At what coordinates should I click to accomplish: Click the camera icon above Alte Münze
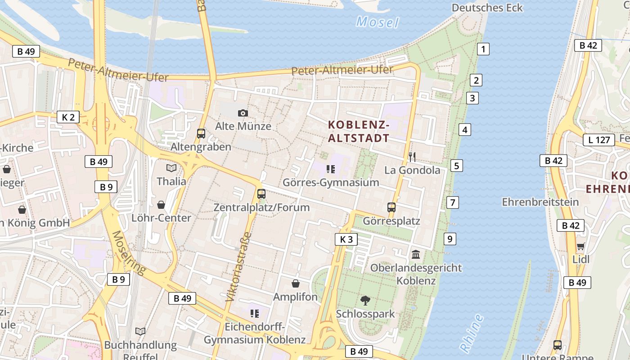click(243, 113)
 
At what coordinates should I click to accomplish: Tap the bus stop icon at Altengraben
click(201, 134)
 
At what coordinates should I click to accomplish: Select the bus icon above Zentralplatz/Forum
click(261, 194)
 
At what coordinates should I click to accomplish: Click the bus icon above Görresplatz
click(391, 207)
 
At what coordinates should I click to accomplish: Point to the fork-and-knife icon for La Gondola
click(412, 157)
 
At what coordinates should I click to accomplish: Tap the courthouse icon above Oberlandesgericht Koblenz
click(416, 254)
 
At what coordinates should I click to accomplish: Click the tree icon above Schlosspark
click(365, 300)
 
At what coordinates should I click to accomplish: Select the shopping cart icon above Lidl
click(581, 246)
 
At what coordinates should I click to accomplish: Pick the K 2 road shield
click(68, 117)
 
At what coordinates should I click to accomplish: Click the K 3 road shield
click(346, 239)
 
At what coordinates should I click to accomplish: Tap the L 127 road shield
click(599, 140)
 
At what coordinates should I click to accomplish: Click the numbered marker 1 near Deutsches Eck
click(483, 49)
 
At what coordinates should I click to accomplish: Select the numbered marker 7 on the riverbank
click(453, 202)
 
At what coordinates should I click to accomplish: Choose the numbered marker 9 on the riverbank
click(450, 239)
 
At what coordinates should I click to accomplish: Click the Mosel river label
click(378, 22)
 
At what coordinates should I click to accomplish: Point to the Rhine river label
click(472, 333)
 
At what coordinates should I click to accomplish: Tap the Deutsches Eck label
click(487, 8)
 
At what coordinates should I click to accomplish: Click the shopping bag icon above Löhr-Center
click(161, 205)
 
